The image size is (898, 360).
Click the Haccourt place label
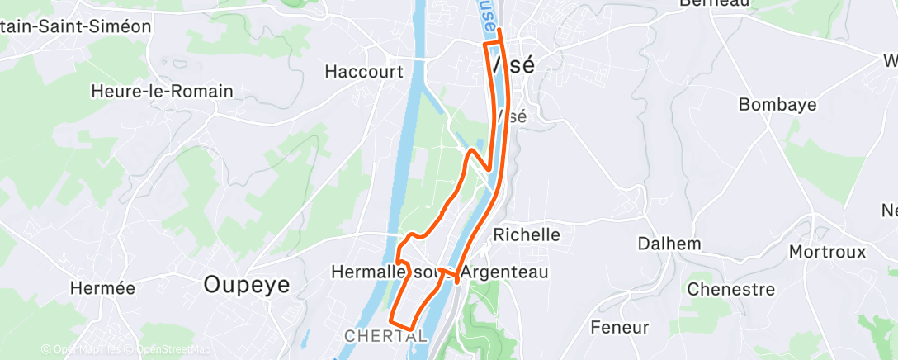coord(364,72)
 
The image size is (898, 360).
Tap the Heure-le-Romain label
coord(163,91)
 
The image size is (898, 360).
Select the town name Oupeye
coord(247,285)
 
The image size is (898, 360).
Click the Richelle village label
coord(526,234)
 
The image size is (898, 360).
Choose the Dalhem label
coord(669,244)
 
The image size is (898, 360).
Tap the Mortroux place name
coord(827,251)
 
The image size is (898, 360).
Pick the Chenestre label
coord(730,290)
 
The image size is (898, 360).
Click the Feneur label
coord(620,327)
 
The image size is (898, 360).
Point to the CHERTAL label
coord(385,336)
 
